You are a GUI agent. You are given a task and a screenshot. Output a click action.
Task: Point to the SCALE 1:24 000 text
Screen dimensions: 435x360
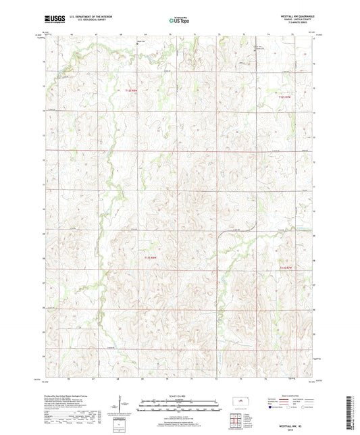pos(180,396)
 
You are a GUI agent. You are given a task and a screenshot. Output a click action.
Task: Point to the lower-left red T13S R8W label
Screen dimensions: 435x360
pos(150,257)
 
